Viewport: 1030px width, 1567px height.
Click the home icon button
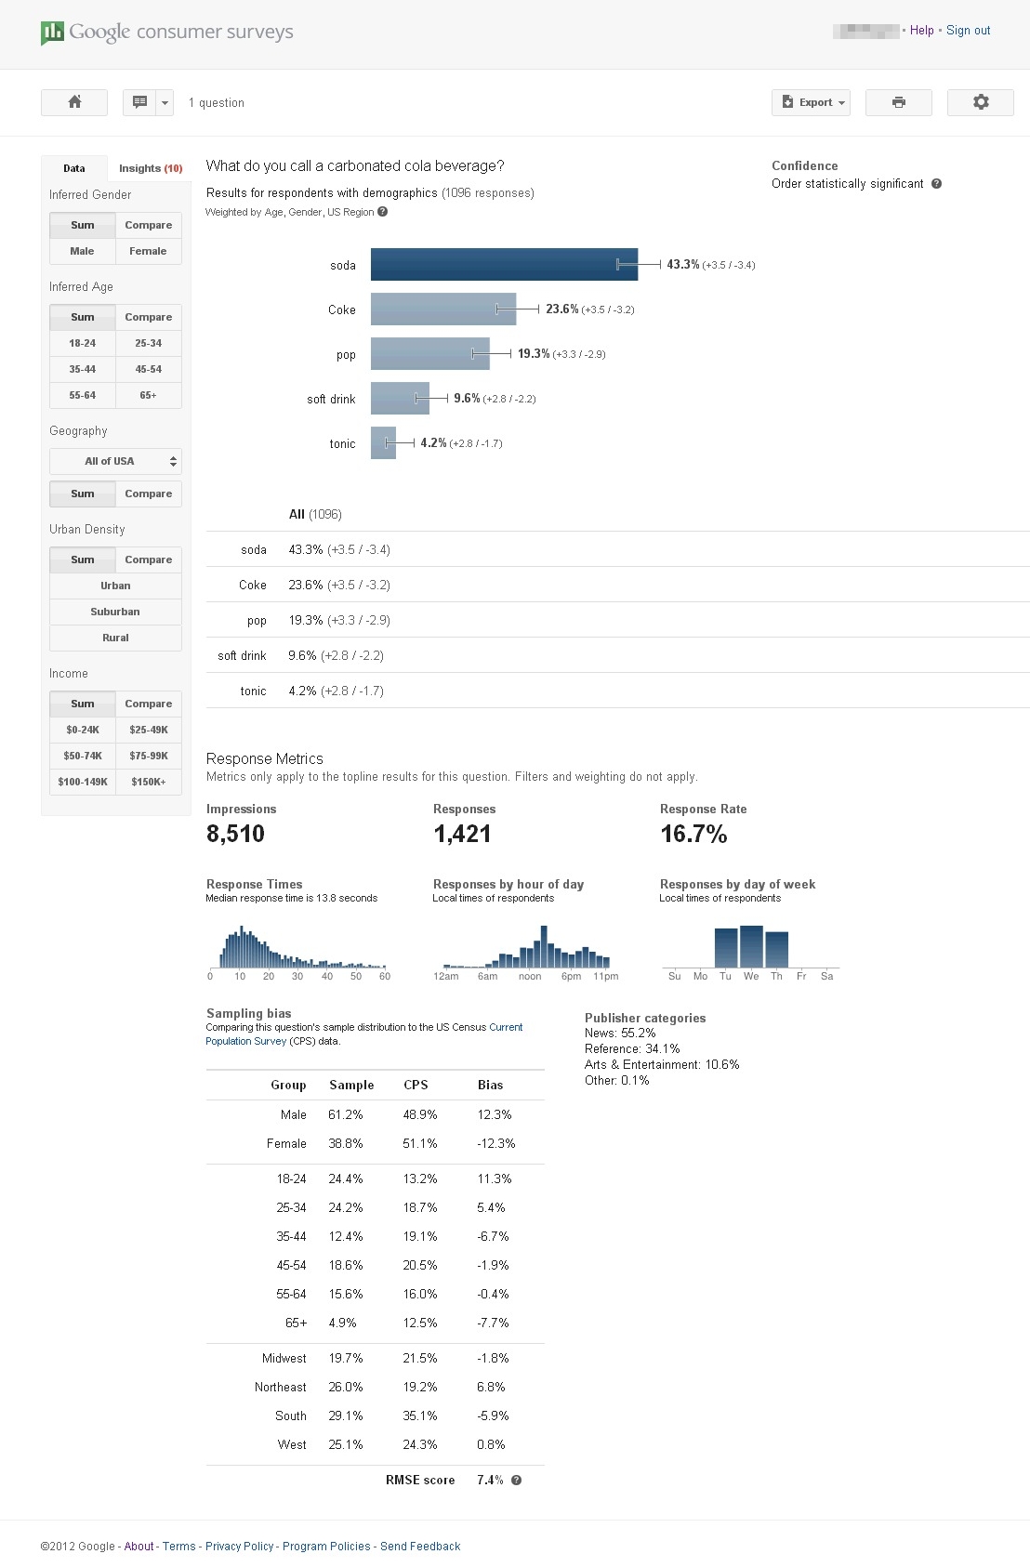point(74,102)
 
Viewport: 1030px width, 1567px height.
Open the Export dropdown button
point(811,102)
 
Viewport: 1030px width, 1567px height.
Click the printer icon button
point(898,102)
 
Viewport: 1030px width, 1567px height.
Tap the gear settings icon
point(981,102)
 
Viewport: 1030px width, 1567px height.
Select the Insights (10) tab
point(151,168)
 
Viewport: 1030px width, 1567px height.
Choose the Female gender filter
point(149,251)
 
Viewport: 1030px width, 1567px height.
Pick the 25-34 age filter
point(149,344)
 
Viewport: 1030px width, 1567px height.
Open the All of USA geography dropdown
point(115,461)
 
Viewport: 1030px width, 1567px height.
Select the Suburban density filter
point(115,612)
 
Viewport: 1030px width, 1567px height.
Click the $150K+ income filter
point(149,782)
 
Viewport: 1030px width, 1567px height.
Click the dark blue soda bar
point(505,265)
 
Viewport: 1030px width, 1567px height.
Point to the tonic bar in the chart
point(383,442)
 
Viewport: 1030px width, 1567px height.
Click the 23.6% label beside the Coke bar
point(561,309)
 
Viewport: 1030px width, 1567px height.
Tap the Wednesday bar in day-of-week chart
point(751,946)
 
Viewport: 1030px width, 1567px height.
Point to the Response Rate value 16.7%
point(693,834)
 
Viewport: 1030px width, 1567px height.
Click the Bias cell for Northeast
point(491,1387)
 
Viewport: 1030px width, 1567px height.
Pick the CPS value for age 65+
point(420,1323)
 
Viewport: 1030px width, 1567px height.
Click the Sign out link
point(968,30)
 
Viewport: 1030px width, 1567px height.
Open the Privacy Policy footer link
point(239,1546)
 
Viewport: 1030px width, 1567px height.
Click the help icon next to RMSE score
point(517,1480)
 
